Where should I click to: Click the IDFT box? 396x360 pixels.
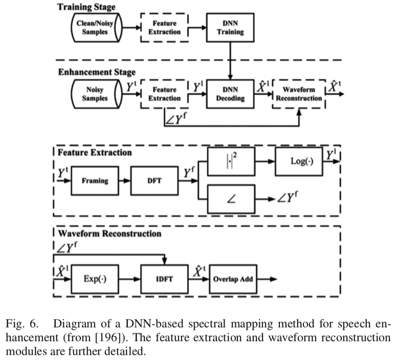[162, 279]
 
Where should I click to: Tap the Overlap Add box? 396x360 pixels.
[234, 279]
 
